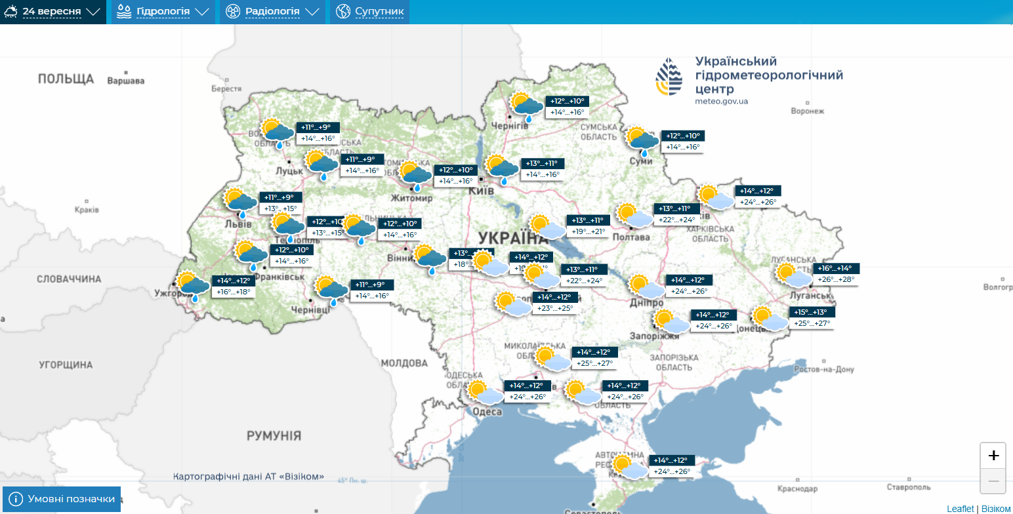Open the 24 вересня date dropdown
(52, 12)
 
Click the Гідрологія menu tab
(163, 12)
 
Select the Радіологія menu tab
(272, 12)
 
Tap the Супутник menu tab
(370, 12)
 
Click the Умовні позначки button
(62, 500)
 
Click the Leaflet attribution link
(960, 509)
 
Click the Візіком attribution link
(996, 509)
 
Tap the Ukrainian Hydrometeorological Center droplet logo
(669, 77)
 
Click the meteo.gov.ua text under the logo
(721, 102)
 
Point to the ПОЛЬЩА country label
(66, 79)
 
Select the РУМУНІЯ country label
(274, 436)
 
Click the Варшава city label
(125, 81)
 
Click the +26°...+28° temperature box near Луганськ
(836, 279)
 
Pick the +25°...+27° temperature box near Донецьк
(812, 323)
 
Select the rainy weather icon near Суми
(642, 140)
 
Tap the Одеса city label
(487, 412)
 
